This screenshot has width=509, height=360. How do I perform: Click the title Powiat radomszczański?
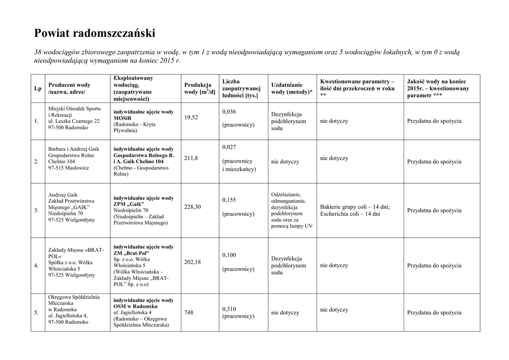94,34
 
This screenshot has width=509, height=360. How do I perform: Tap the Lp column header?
37,89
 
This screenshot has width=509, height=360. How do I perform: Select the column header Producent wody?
69,89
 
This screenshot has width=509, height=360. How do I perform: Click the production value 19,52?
191,117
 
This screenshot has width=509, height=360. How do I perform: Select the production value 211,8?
191,158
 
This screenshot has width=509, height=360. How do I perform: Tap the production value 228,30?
193,206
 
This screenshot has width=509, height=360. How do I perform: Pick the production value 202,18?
193,262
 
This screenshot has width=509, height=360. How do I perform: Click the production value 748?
189,312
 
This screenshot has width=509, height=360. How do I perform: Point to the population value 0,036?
229,111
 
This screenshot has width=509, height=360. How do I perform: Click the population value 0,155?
229,199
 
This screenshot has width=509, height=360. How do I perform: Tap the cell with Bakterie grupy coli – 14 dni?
355,207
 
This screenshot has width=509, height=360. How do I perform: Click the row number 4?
36,266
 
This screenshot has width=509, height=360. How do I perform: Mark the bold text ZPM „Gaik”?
128,204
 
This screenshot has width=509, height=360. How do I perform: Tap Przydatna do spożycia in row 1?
434,121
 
